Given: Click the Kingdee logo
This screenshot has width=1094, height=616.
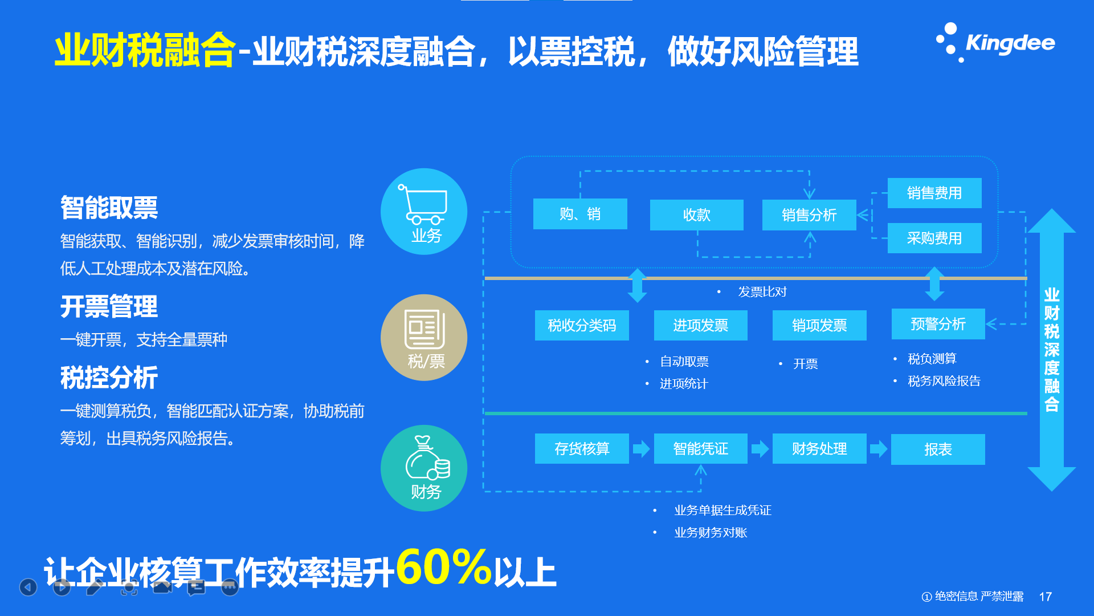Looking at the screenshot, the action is (x=995, y=43).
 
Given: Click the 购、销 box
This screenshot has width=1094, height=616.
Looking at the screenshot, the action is (x=580, y=214).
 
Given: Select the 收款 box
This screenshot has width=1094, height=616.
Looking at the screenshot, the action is (x=697, y=215).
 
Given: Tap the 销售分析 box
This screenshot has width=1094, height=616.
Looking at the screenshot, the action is (x=809, y=215).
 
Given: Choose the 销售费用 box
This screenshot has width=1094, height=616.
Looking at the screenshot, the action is (x=934, y=193).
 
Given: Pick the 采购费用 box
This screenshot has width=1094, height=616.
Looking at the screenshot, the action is (x=934, y=238).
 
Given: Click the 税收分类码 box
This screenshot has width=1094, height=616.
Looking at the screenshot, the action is (x=582, y=325).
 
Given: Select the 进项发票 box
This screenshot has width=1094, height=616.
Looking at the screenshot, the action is (x=701, y=325).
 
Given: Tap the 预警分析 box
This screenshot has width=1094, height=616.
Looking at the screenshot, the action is (x=938, y=324).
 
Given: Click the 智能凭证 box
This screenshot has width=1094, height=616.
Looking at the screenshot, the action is (x=701, y=449).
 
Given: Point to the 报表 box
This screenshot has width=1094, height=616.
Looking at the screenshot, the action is (x=938, y=449).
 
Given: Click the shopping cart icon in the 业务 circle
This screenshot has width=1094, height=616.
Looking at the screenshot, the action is (x=423, y=204).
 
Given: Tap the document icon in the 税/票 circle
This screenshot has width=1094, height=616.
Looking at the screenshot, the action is (x=424, y=329).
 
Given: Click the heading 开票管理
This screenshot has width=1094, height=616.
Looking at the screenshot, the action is (x=109, y=307).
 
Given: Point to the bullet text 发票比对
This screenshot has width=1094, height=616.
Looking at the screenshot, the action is (x=762, y=292).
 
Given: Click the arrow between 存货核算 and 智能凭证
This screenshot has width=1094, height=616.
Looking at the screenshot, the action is (x=642, y=449).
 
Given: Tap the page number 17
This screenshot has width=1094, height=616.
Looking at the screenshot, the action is (x=1046, y=597).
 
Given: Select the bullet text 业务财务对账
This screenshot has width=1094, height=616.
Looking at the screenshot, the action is (x=711, y=533).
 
